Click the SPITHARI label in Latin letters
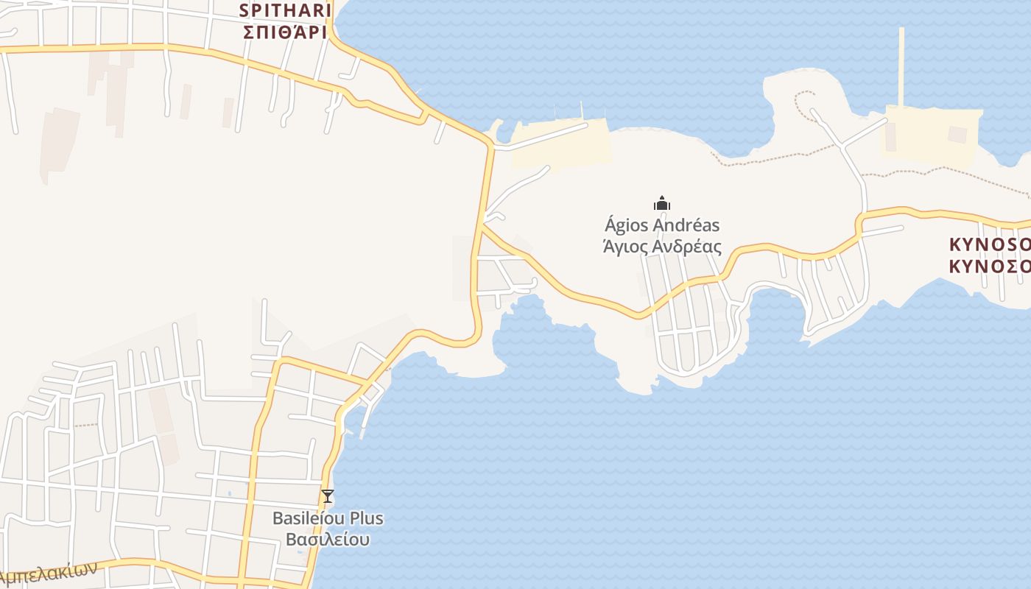click(x=283, y=11)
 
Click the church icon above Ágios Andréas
click(x=662, y=203)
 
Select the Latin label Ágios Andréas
click(x=662, y=225)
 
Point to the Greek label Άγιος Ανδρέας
click(x=662, y=247)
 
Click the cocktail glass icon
click(x=328, y=496)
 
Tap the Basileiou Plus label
click(x=328, y=518)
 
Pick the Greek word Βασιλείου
click(x=328, y=540)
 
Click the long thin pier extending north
click(x=901, y=66)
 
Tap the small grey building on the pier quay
click(x=957, y=135)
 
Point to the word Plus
click(x=365, y=518)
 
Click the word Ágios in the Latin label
click(x=627, y=225)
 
